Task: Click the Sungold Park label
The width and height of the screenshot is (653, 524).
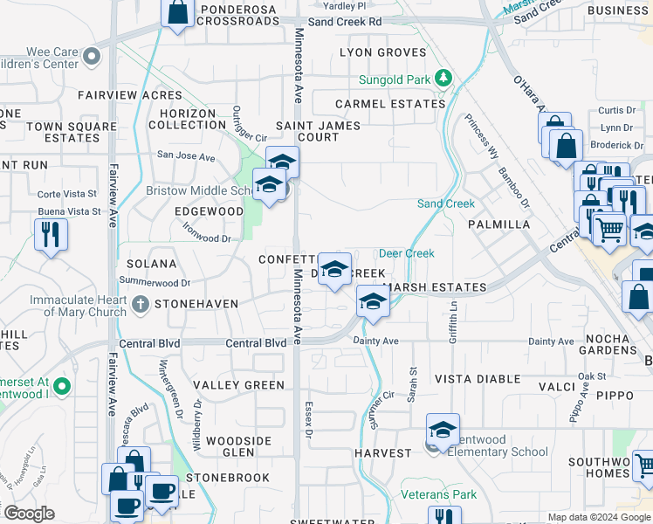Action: tap(395, 80)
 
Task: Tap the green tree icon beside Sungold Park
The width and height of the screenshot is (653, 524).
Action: tap(443, 79)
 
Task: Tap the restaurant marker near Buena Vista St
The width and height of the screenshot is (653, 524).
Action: tap(51, 234)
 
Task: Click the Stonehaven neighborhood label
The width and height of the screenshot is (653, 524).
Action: tap(196, 305)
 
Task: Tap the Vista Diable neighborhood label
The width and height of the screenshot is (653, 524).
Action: tap(478, 379)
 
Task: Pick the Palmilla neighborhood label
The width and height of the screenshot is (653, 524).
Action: tap(499, 224)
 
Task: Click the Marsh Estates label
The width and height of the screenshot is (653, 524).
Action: tap(435, 287)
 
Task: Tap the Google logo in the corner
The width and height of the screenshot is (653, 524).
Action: tap(28, 514)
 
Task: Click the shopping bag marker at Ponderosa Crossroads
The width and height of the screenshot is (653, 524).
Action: tap(177, 13)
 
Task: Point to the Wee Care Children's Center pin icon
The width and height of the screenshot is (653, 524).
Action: tap(92, 57)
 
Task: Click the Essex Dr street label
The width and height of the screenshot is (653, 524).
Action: tap(308, 420)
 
